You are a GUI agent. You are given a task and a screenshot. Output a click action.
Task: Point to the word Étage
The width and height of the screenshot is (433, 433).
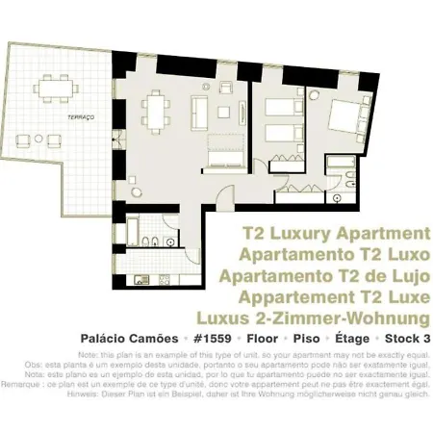point(344,339)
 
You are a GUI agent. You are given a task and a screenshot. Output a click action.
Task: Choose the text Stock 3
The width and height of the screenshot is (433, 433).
point(406,339)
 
